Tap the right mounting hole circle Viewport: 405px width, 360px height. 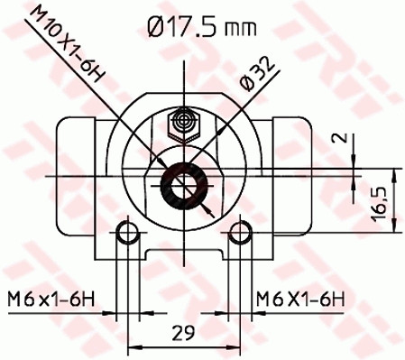[x=239, y=235]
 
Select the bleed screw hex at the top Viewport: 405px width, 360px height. [x=185, y=119]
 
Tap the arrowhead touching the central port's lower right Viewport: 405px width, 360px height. [x=208, y=211]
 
